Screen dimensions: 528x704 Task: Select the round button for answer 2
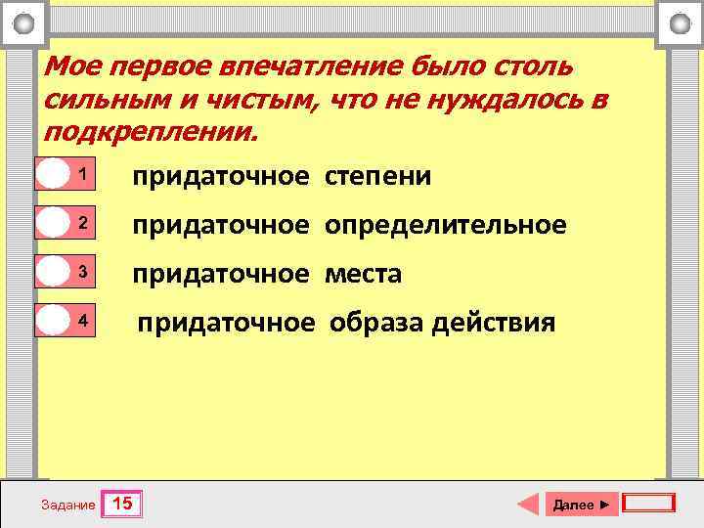point(52,223)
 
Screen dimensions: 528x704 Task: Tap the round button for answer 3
point(52,272)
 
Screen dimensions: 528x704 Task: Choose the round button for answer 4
point(52,321)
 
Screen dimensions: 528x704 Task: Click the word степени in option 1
point(378,176)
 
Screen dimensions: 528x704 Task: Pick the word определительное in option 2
point(446,225)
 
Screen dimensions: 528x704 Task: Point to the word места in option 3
point(364,274)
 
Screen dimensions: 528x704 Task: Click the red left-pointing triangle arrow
point(528,504)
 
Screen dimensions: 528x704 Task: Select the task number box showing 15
point(123,505)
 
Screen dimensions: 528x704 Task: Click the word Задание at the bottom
point(68,506)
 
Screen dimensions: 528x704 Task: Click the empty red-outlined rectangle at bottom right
point(649,504)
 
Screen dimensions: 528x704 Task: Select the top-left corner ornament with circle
point(25,22)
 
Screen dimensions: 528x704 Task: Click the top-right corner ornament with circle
point(680,22)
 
